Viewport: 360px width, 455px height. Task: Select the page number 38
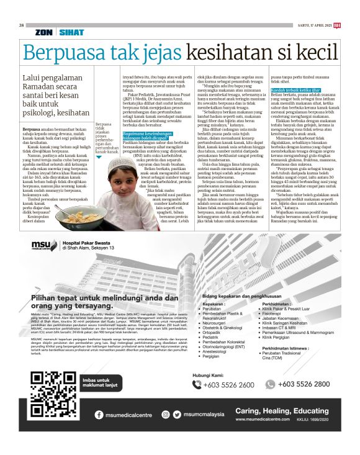pyautogui.click(x=22, y=25)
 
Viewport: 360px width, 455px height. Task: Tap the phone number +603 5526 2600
pyautogui.click(x=229, y=385)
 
